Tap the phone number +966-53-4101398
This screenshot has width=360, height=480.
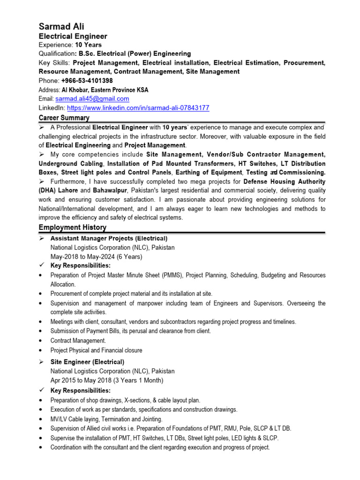click(x=87, y=81)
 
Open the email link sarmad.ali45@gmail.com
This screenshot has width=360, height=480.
click(x=92, y=99)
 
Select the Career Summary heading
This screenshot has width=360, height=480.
click(x=64, y=118)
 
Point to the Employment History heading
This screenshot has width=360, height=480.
click(x=72, y=227)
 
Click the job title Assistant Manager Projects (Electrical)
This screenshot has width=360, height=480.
click(x=109, y=239)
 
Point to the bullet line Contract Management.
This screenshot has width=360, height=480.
click(x=78, y=341)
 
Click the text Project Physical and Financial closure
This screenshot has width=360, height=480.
click(x=96, y=350)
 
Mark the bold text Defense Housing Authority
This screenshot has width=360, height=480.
click(x=285, y=182)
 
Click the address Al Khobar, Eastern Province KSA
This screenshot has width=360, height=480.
click(x=110, y=90)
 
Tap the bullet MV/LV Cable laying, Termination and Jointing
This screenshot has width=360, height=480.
click(x=106, y=419)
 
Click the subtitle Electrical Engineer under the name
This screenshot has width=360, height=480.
click(x=73, y=36)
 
